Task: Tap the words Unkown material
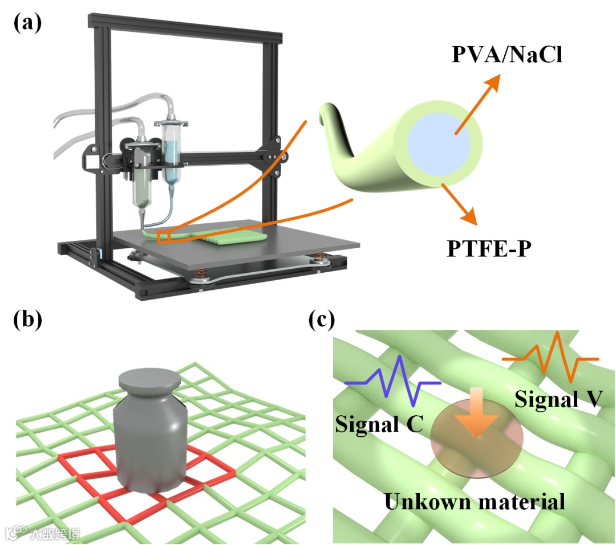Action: point(475,501)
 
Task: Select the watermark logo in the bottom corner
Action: point(42,533)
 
